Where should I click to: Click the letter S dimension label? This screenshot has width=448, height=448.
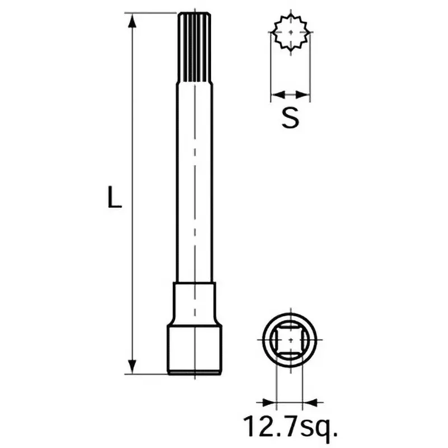point(290,118)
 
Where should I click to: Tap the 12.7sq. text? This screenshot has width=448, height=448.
point(290,427)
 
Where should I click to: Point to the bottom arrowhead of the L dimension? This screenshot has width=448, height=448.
point(132,366)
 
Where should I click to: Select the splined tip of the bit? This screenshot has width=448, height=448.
point(194,48)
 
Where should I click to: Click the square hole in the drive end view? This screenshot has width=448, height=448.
point(290,340)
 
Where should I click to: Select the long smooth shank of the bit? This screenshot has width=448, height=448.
point(194,185)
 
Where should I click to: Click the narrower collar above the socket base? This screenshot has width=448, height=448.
point(194,302)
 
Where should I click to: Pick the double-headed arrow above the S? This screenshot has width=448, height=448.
point(290,94)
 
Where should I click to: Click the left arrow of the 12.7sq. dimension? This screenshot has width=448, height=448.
point(267,402)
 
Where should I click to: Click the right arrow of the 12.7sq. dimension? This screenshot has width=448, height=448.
point(311,402)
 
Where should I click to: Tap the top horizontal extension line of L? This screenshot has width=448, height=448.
point(148,13)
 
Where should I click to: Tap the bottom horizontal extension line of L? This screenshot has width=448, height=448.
point(148,374)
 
